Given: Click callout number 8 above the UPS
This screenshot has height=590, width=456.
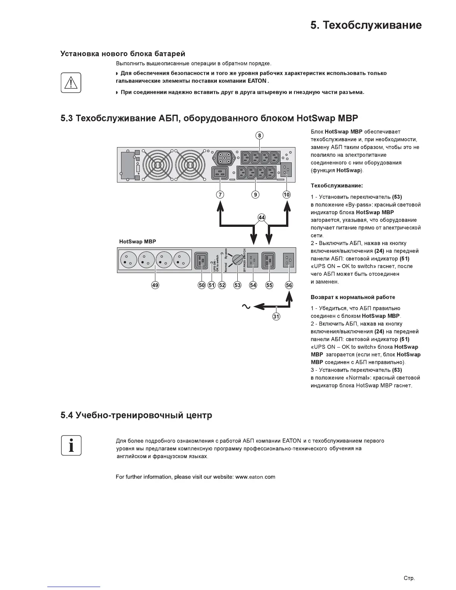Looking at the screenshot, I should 260,136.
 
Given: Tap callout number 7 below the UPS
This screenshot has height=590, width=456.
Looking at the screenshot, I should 220,194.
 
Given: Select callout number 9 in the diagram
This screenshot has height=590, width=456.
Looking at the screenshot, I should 256,194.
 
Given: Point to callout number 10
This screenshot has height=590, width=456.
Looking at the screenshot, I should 286,194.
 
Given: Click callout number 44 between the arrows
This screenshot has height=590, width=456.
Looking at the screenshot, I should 262,218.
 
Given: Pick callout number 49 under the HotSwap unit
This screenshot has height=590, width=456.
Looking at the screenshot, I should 155,285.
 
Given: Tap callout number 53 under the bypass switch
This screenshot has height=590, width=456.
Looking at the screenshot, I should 237,285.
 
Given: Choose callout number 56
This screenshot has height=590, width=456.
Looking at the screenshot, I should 289,285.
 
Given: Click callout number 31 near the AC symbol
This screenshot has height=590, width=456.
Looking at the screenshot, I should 276,317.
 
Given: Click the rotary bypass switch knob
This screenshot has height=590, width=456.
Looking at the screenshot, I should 237,260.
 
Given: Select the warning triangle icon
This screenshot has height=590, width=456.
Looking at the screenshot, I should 71,82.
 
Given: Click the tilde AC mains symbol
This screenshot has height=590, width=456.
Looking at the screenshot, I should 246,307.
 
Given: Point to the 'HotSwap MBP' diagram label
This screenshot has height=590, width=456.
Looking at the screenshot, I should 137,242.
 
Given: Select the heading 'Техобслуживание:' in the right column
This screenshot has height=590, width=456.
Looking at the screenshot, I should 336,185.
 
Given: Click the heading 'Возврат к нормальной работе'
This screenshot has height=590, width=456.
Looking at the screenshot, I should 353,297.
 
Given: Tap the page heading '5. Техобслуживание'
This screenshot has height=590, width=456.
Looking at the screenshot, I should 366,25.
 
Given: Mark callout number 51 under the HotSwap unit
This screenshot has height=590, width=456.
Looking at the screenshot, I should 212,285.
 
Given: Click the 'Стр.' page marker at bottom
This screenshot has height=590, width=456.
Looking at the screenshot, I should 409,578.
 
